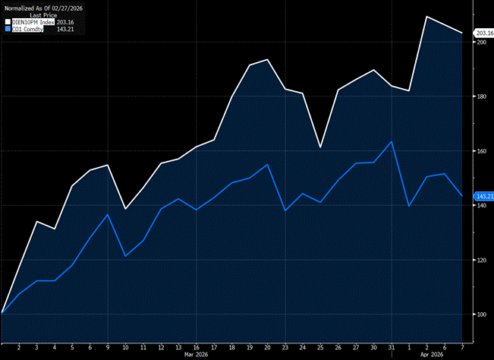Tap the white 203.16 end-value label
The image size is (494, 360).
pos(483,33)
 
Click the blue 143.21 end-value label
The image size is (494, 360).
pos(483,197)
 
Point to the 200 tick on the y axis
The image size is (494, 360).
pos(480,43)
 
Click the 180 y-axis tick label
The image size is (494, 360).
pos(480,97)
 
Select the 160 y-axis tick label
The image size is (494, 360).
pos(480,151)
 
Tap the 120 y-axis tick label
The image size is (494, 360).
pos(480,260)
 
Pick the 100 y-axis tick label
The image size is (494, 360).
pos(480,314)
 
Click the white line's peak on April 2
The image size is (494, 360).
pos(427,16)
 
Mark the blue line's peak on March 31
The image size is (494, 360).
pos(392,141)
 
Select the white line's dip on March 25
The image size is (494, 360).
pos(320,147)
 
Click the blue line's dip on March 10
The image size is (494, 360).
pos(125,256)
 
